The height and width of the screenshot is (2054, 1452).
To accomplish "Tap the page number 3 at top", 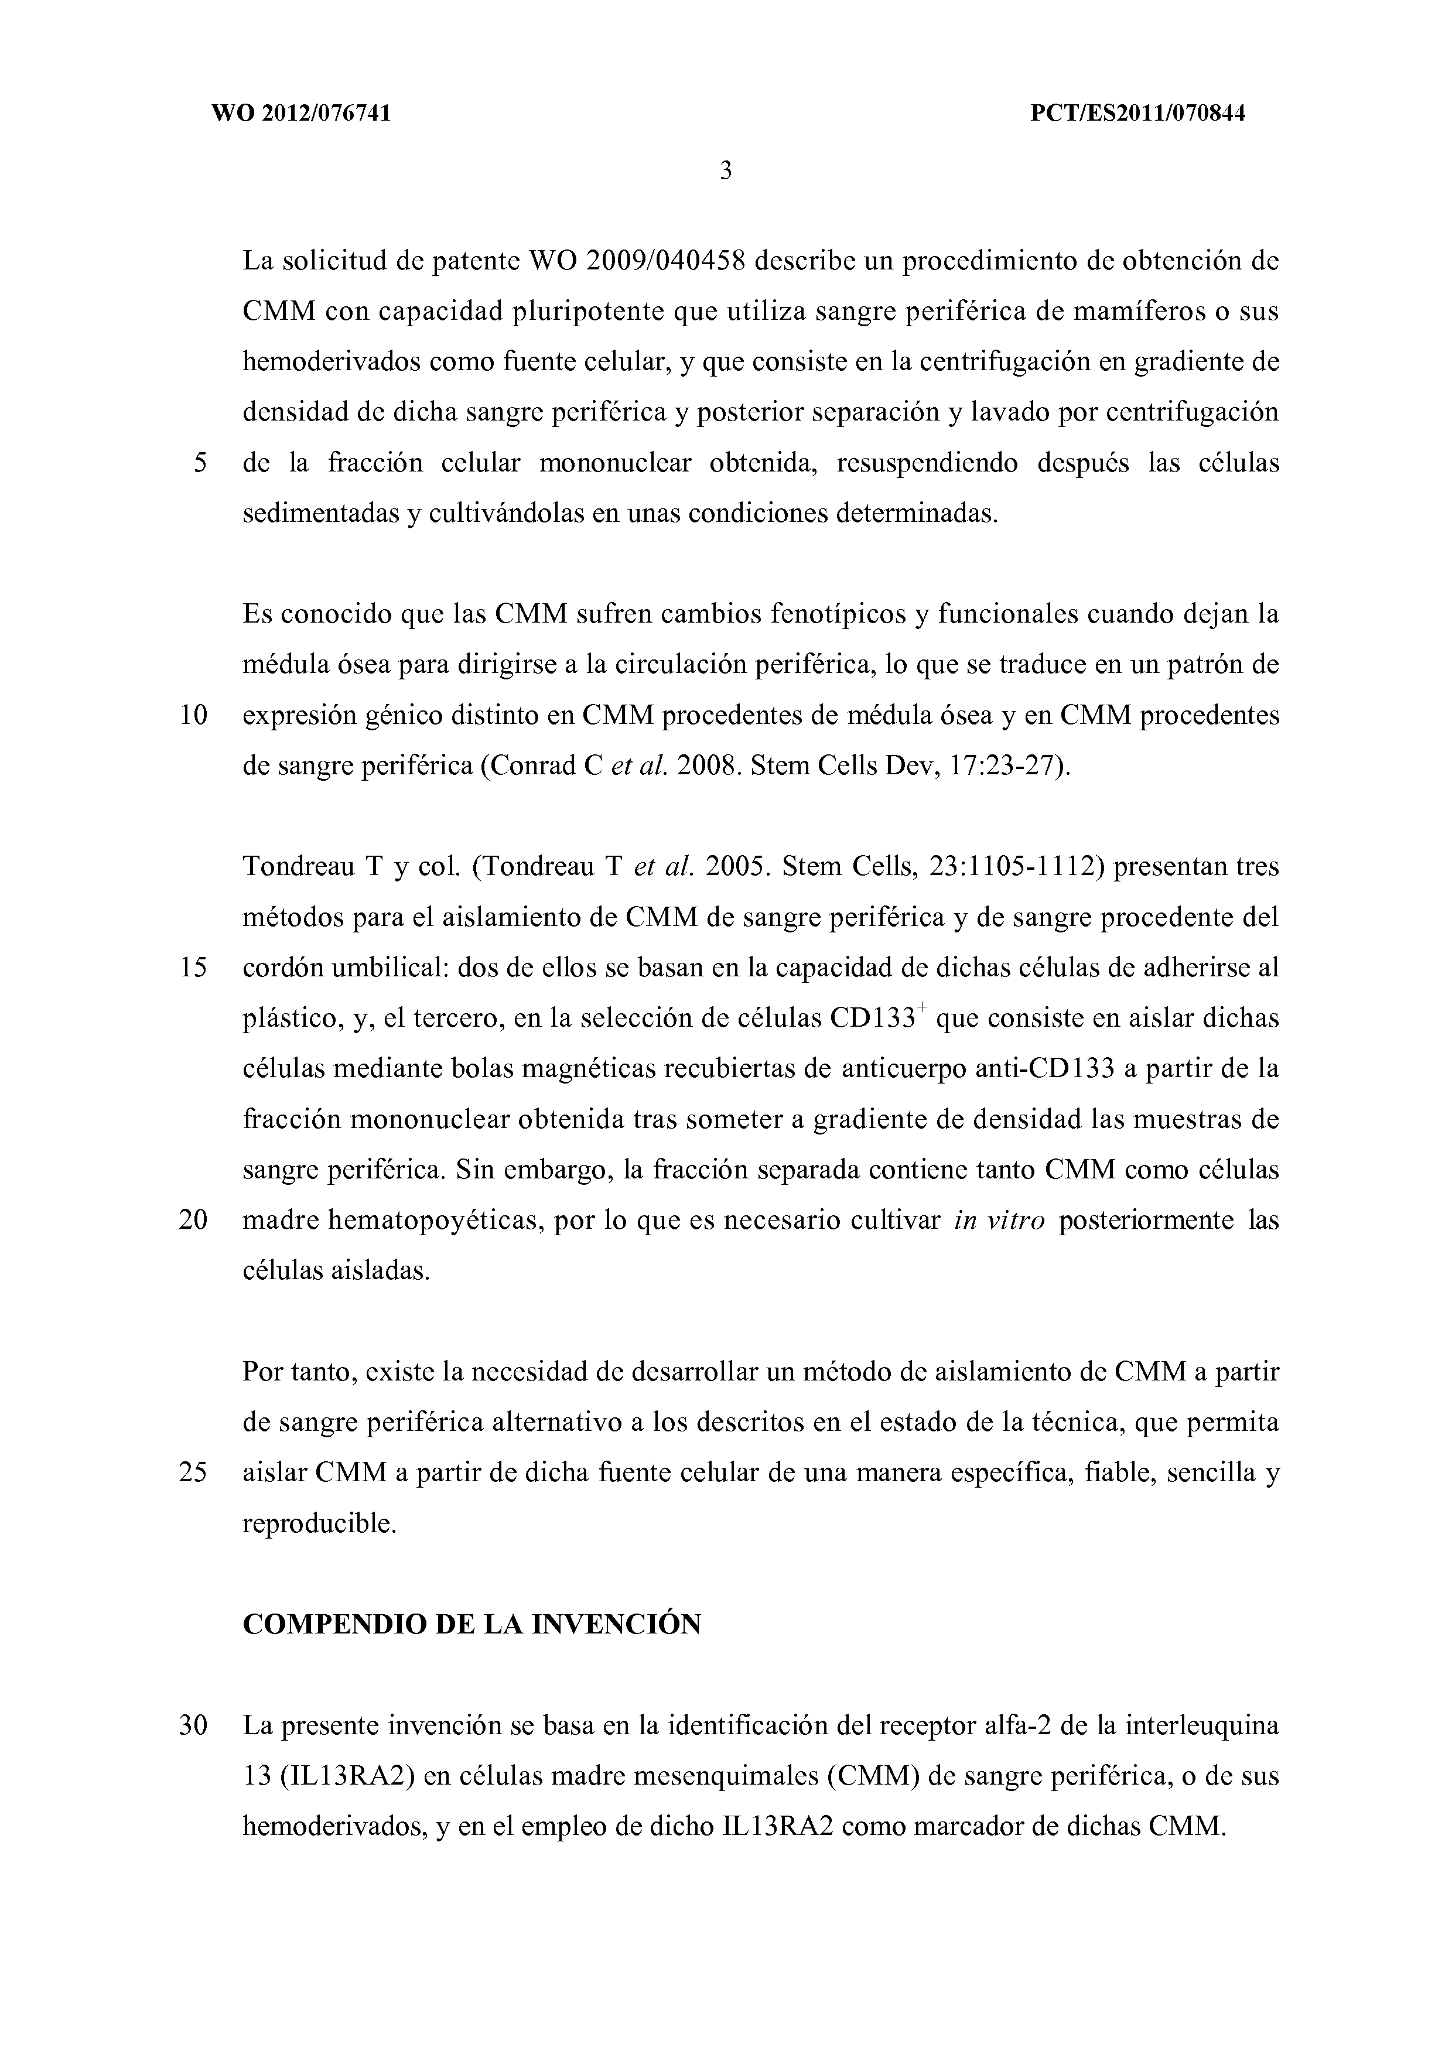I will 726,170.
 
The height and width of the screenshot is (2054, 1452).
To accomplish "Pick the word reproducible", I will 319,1523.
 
